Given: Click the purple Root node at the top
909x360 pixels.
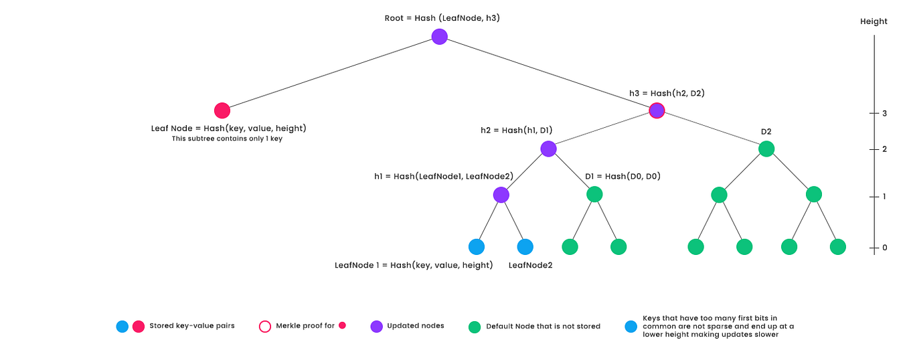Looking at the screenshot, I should pyautogui.click(x=439, y=37).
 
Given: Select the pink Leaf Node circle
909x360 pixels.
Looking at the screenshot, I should pyautogui.click(x=222, y=110).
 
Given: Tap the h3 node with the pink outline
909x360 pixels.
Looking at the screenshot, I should pyautogui.click(x=657, y=110).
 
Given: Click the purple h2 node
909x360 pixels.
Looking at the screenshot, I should pyautogui.click(x=548, y=149).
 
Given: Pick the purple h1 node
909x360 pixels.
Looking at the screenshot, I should pyautogui.click(x=501, y=195).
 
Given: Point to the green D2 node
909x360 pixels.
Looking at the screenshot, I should pyautogui.click(x=766, y=149).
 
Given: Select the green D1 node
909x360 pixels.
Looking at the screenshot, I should pyautogui.click(x=594, y=195).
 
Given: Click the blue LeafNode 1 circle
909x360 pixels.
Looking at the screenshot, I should pyautogui.click(x=476, y=247).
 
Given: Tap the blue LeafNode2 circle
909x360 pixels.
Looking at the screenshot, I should pyautogui.click(x=525, y=247).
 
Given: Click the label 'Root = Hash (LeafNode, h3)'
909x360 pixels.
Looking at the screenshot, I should pyautogui.click(x=442, y=18).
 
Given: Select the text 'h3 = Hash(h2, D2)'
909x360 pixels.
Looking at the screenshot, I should pyautogui.click(x=666, y=94).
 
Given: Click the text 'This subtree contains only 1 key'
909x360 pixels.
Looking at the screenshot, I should pyautogui.click(x=227, y=139).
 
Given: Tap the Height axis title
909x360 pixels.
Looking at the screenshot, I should pyautogui.click(x=874, y=21).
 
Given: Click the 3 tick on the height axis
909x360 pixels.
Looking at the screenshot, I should pyautogui.click(x=884, y=114).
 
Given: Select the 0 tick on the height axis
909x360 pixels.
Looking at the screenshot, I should pyautogui.click(x=884, y=248).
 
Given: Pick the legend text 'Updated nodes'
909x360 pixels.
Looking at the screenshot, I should pyautogui.click(x=416, y=326).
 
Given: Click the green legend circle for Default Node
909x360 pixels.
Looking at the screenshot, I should pyautogui.click(x=475, y=327).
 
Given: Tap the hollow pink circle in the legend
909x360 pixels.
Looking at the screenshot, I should pyautogui.click(x=264, y=327).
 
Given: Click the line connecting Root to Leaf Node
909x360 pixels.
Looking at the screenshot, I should pyautogui.click(x=331, y=74).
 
